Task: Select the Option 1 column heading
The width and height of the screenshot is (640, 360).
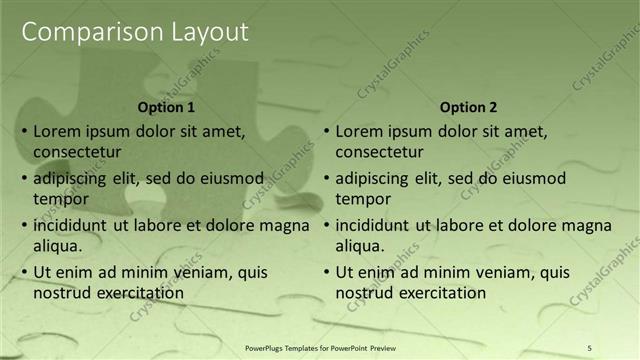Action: (165, 107)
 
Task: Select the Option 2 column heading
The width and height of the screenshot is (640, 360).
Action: (467, 107)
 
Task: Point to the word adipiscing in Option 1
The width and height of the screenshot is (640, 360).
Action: (72, 179)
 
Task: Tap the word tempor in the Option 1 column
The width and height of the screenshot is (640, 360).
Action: (58, 198)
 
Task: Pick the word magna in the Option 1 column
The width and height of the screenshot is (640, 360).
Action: (285, 225)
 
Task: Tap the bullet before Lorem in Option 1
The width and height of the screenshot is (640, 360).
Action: (22, 131)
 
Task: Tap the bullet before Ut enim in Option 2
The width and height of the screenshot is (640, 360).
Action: (324, 272)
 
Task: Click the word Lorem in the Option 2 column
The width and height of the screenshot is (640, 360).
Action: (358, 131)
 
